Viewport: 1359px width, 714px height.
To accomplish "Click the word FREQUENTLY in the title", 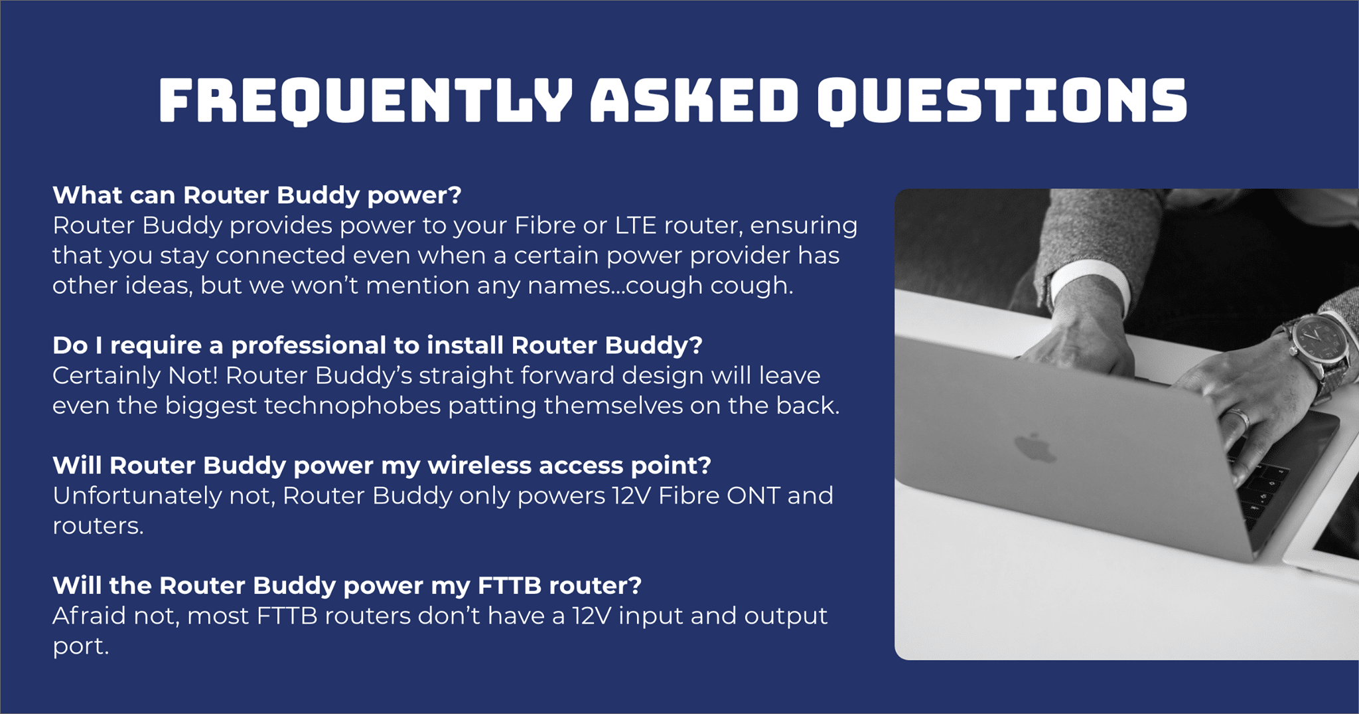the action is click(x=366, y=101).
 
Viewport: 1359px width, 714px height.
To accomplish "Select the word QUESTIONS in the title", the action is click(x=1002, y=101).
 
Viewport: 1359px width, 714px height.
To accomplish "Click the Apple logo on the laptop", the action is click(x=1035, y=448).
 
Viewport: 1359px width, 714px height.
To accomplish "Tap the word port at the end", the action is click(x=80, y=647).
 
